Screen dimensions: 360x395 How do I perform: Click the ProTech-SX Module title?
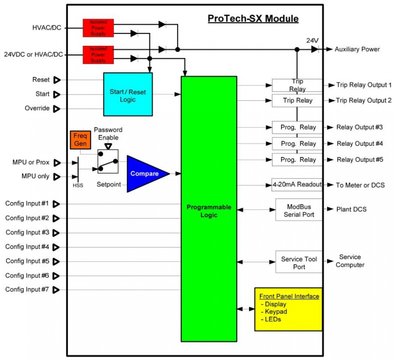(x=253, y=19)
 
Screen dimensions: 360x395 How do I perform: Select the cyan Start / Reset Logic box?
(x=128, y=95)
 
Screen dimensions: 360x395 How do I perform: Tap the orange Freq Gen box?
(x=81, y=140)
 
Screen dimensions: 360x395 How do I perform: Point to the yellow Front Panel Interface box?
(x=289, y=309)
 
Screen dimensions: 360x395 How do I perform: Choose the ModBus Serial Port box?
(x=299, y=210)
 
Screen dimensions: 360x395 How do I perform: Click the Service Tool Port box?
(x=299, y=263)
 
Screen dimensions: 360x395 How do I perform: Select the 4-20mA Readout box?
(x=297, y=184)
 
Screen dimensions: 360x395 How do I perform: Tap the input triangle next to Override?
(x=57, y=108)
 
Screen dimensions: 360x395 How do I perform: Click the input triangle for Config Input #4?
(x=56, y=247)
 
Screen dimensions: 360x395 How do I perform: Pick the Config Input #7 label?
(x=27, y=289)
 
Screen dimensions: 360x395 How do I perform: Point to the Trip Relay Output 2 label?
(x=364, y=100)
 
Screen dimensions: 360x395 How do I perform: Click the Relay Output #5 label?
(x=359, y=160)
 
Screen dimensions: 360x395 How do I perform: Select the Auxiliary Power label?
(x=357, y=49)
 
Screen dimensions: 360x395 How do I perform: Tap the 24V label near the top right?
(x=313, y=40)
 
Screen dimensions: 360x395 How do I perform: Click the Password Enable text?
(x=108, y=134)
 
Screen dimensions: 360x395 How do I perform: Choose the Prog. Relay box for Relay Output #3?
(x=297, y=127)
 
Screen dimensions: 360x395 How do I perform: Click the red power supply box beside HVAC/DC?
(x=98, y=28)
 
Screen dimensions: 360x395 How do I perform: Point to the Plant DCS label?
(x=351, y=209)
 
